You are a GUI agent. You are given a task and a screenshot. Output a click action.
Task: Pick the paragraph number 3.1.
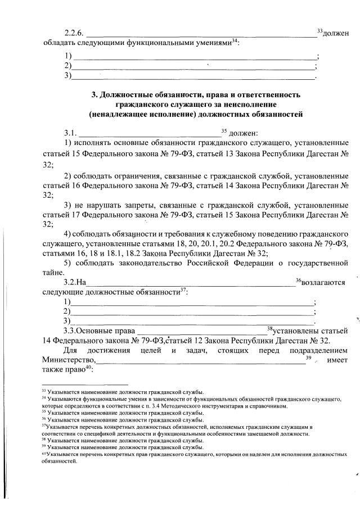pyautogui.click(x=70, y=133)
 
